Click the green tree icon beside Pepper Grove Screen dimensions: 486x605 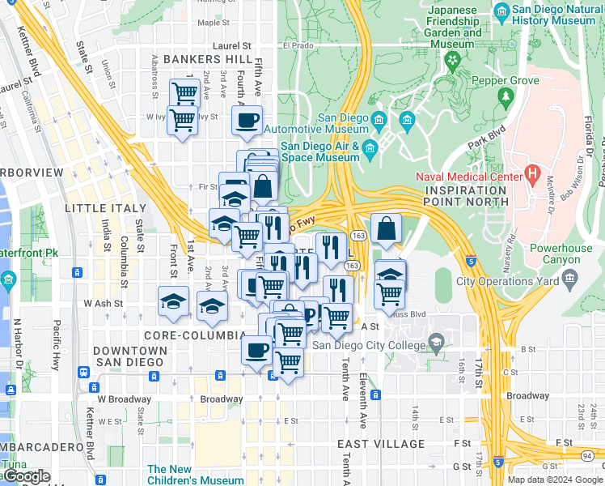pyautogui.click(x=506, y=97)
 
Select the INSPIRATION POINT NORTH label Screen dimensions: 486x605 pyautogui.click(x=463, y=196)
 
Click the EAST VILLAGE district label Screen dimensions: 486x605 pyautogui.click(x=381, y=444)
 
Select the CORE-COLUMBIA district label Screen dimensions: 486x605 pyautogui.click(x=194, y=335)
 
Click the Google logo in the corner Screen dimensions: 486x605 pyautogui.click(x=26, y=476)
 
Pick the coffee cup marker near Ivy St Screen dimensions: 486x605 pyautogui.click(x=247, y=121)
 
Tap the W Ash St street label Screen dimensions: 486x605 pyautogui.click(x=104, y=303)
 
